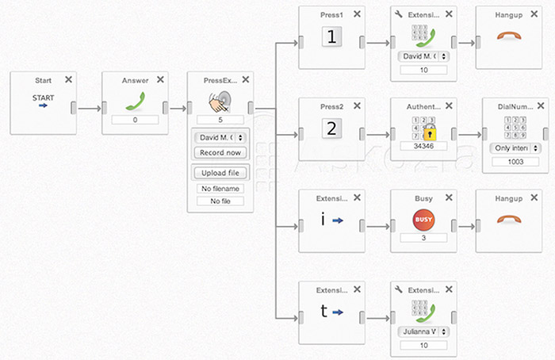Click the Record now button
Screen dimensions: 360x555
pos(220,152)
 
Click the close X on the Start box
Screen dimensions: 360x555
pos(68,79)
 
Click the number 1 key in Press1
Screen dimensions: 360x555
pos(332,36)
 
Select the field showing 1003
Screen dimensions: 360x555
pos(515,161)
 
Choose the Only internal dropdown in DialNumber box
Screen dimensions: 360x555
pos(515,148)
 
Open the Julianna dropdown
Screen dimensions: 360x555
pos(424,331)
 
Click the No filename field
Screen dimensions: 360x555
pos(220,189)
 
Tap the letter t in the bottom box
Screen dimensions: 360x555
pos(323,312)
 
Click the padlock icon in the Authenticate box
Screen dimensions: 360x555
pos(429,132)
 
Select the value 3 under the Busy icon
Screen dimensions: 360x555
pos(424,238)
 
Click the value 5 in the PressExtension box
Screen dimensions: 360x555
pos(220,121)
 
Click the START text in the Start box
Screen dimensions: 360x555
pos(44,97)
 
